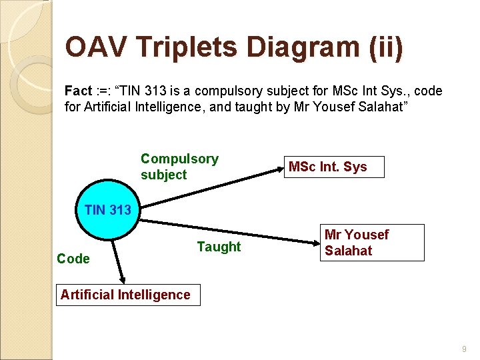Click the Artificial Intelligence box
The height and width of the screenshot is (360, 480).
click(x=125, y=295)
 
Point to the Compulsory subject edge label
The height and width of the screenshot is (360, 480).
click(x=179, y=167)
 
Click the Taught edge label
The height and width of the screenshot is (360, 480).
click(x=219, y=247)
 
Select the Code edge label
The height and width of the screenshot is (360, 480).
click(x=73, y=259)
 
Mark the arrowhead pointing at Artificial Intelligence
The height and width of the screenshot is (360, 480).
click(x=122, y=281)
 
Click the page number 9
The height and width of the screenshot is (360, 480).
click(x=463, y=348)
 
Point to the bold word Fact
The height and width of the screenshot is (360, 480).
click(x=78, y=91)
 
